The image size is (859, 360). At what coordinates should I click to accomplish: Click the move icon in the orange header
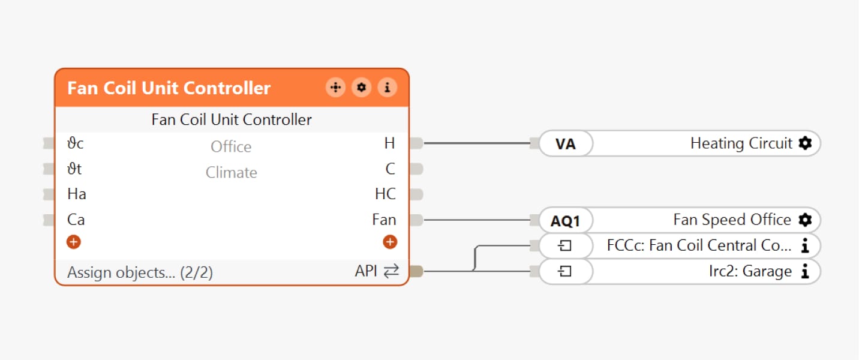(335, 88)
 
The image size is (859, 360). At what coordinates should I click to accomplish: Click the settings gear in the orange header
(361, 88)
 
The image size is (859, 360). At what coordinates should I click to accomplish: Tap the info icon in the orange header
(387, 88)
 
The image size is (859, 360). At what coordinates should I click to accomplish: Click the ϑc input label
(76, 143)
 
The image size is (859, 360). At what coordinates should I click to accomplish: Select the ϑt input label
(74, 169)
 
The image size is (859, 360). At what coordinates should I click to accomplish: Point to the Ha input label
(77, 194)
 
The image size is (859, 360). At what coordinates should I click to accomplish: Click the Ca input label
(76, 220)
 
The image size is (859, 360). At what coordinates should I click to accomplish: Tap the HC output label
(385, 194)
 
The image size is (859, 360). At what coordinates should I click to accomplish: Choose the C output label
(391, 169)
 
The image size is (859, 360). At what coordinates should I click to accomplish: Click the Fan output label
(384, 220)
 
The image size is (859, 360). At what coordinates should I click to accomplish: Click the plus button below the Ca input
(74, 242)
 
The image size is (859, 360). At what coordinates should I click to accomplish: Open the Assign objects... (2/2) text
(140, 272)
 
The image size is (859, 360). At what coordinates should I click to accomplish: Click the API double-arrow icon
(391, 272)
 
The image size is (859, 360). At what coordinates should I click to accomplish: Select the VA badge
(565, 144)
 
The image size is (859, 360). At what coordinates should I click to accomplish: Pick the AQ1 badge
(565, 221)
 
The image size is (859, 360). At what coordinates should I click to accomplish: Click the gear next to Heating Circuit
(805, 143)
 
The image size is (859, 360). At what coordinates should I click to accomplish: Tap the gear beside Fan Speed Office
(805, 220)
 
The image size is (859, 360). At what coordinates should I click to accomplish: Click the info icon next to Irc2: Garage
(805, 272)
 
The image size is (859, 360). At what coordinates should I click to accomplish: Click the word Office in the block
(231, 147)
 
